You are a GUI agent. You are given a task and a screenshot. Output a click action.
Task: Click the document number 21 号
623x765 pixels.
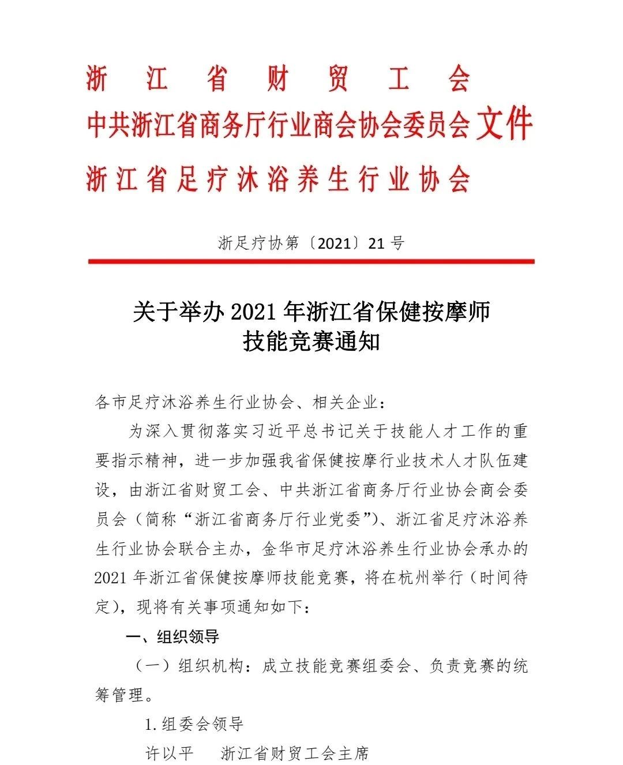386,242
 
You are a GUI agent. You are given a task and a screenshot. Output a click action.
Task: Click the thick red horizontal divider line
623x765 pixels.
311,261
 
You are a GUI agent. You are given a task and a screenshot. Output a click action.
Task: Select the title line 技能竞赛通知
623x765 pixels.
311,342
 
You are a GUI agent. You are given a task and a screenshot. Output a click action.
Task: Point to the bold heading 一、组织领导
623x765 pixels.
172,636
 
